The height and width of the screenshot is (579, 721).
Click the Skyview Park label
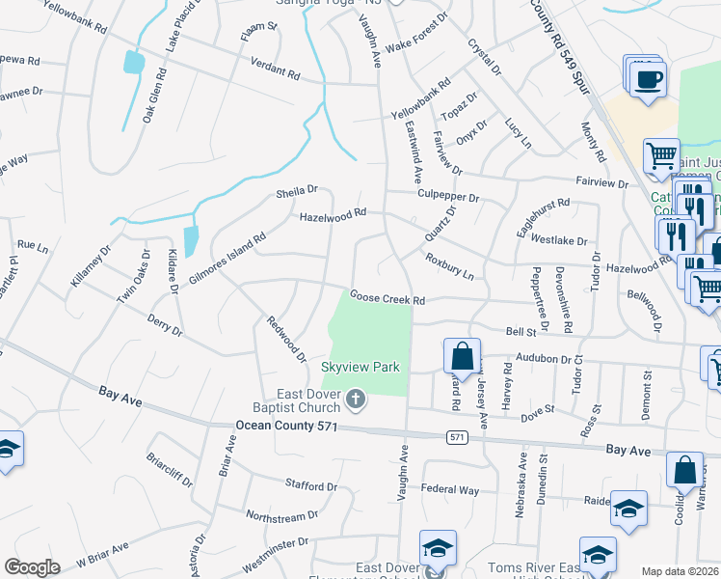360,367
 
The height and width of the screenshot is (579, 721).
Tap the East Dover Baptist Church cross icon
356,400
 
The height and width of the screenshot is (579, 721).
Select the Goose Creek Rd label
387,299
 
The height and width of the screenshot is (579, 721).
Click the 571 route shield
458,437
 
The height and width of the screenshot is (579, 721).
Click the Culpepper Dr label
448,196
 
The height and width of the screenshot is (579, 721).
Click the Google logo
32,567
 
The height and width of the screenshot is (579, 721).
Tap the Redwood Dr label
286,340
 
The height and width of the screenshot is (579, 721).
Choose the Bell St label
521,331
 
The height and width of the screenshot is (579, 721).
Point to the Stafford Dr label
310,485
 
